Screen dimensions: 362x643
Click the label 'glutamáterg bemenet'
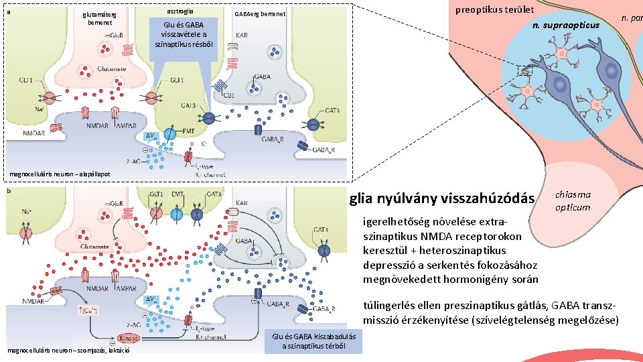point(98,18)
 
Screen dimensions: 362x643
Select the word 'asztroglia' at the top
point(179,12)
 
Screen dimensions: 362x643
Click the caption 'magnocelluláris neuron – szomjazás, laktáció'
point(67,349)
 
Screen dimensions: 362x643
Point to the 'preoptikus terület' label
point(494,9)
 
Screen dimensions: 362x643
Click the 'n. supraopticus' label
point(565,25)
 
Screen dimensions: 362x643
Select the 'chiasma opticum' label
point(573,201)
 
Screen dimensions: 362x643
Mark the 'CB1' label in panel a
point(229,95)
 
